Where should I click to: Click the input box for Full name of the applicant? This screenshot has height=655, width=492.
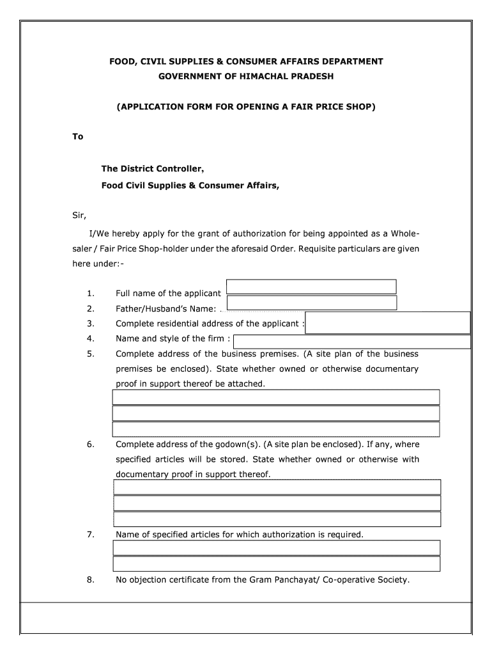click(311, 287)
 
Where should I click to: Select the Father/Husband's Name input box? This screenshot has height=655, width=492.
click(312, 303)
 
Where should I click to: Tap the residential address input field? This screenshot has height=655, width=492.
click(388, 322)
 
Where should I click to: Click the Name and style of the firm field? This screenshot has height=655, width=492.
click(353, 342)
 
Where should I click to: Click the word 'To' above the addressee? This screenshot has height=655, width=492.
click(77, 136)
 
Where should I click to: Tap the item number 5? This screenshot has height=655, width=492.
click(91, 354)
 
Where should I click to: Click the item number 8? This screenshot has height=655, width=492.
click(91, 580)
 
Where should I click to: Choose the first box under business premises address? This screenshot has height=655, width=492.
click(276, 397)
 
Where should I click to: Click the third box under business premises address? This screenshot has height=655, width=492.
click(276, 429)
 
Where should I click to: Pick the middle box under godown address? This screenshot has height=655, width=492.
click(277, 503)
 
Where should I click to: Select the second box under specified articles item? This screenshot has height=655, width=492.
click(276, 564)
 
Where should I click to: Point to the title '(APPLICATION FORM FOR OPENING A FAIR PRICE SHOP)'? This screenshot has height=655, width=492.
click(246, 107)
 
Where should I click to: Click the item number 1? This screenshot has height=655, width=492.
click(91, 294)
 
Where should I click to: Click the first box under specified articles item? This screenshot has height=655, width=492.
click(276, 548)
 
